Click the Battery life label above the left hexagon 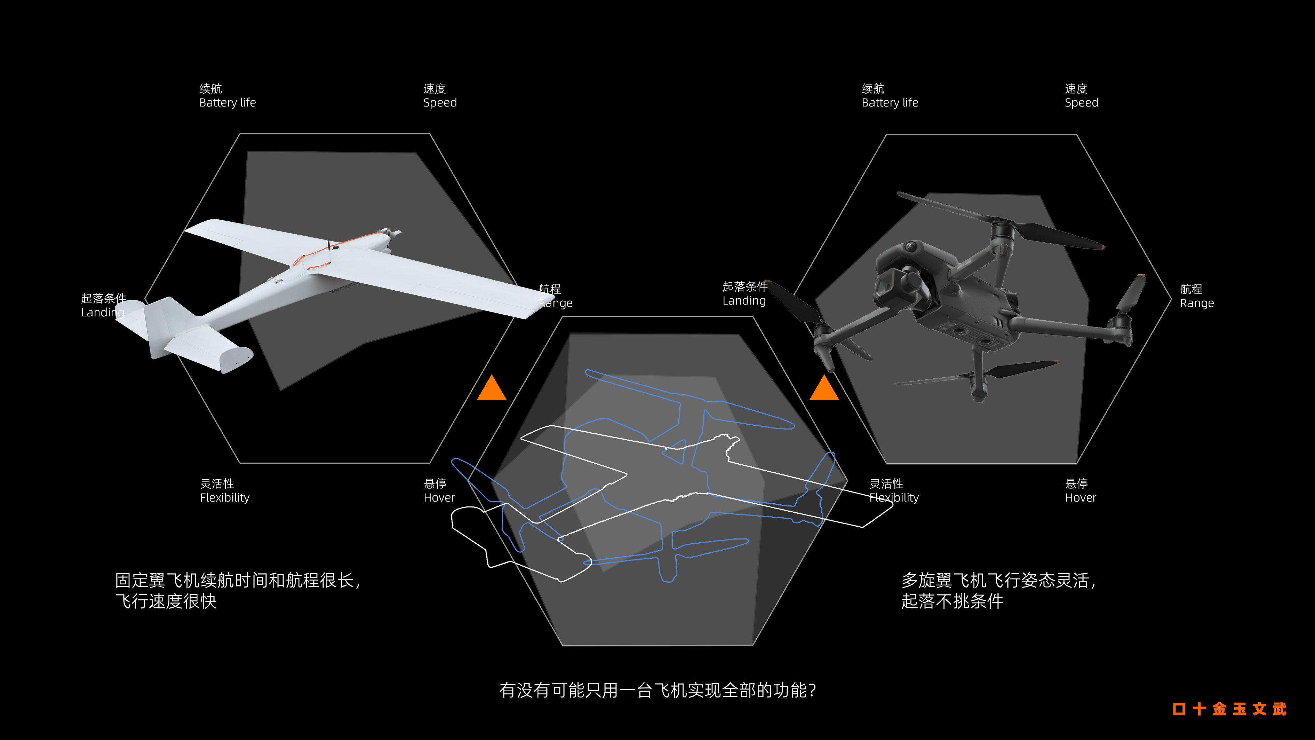click(x=227, y=96)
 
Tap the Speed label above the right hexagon click(x=1081, y=96)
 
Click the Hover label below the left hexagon click(x=438, y=491)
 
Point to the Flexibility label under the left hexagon click(x=225, y=491)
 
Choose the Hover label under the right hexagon click(x=1080, y=491)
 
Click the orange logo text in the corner click(x=1229, y=709)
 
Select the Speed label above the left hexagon click(x=439, y=96)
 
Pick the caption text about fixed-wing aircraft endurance click(x=237, y=590)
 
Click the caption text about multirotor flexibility click(x=998, y=590)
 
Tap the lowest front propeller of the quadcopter click(x=975, y=375)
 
